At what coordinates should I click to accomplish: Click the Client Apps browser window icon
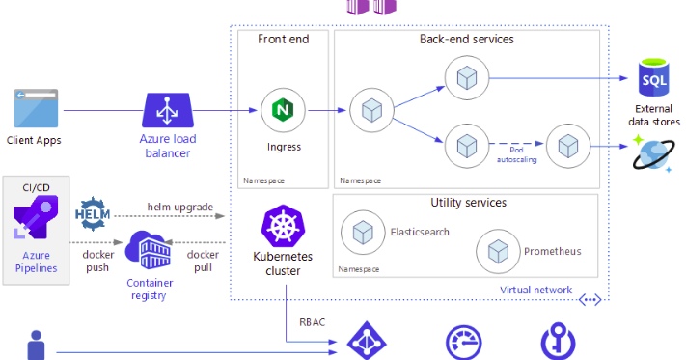coord(34,109)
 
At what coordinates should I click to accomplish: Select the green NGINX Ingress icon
coord(283,109)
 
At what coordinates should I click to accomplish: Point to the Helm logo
coord(95,213)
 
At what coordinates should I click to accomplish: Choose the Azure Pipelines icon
coord(35,222)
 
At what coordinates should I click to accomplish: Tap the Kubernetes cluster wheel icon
coord(283,228)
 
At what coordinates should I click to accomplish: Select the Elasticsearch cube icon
coord(363,233)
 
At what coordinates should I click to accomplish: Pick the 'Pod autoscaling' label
coord(512,154)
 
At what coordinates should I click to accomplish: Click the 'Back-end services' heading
coord(466,39)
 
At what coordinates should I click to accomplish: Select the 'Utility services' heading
coord(468,203)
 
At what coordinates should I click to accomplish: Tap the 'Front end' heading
coord(282,39)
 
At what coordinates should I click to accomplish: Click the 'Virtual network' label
coord(535,290)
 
